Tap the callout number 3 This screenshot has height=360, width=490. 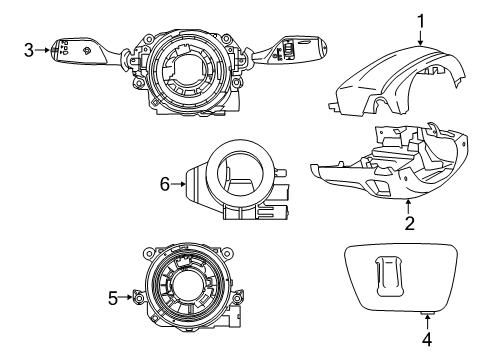(x=30, y=48)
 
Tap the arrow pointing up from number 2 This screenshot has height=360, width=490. (x=409, y=204)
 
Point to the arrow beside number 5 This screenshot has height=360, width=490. (x=129, y=297)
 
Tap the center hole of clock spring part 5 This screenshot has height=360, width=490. (x=190, y=297)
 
